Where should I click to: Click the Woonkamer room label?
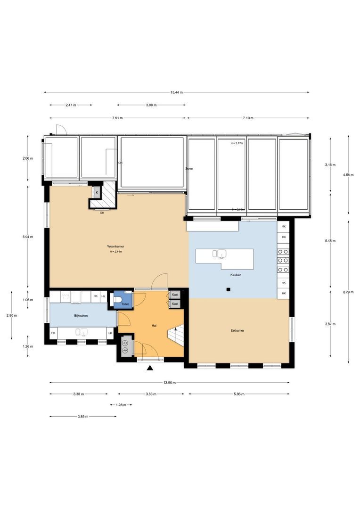115,246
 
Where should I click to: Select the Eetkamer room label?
237,330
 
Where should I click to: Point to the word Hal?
154,326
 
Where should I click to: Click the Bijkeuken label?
81,315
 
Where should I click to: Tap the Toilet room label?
125,304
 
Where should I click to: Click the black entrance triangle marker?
150,369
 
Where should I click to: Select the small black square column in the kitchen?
228,289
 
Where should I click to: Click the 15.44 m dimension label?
177,92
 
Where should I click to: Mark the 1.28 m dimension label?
121,404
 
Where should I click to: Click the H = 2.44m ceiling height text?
116,252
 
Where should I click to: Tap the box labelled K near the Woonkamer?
97,193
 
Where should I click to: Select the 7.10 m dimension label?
248,118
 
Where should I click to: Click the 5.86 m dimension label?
239,394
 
